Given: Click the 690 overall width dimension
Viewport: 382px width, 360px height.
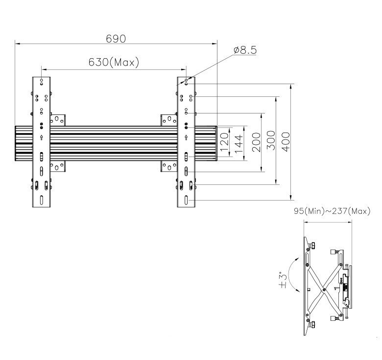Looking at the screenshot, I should click(117, 38).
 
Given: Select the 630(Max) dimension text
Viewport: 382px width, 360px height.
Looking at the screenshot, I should click(114, 63).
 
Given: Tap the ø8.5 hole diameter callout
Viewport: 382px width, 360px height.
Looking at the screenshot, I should click(245, 50).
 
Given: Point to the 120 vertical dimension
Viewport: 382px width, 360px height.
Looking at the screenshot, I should click(225, 142).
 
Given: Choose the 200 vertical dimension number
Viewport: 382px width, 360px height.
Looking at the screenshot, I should click(256, 142).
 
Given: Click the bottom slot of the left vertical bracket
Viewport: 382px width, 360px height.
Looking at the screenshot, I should click(42, 201).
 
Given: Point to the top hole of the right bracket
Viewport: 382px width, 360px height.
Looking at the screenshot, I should click(187, 80).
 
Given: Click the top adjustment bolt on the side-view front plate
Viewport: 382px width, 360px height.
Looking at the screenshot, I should click(334, 252).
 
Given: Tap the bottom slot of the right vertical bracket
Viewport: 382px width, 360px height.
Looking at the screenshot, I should click(187, 201).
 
